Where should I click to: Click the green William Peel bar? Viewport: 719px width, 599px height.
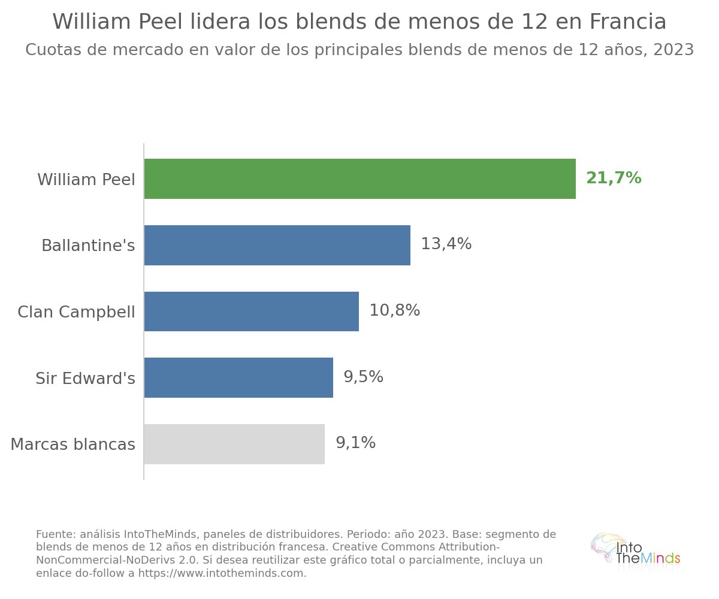click(x=360, y=179)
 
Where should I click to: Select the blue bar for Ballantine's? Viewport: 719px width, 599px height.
click(x=277, y=245)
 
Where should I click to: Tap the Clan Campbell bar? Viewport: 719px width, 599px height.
click(x=252, y=311)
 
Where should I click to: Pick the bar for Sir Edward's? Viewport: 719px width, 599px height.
click(x=238, y=377)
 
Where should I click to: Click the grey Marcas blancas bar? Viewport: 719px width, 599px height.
click(x=234, y=444)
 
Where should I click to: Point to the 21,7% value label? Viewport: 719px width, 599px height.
click(x=614, y=178)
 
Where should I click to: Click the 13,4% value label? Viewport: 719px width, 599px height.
click(x=446, y=244)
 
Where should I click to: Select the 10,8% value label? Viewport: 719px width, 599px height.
click(x=395, y=310)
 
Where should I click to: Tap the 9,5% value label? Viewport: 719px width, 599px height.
click(x=363, y=377)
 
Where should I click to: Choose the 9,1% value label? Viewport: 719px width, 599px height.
click(x=356, y=443)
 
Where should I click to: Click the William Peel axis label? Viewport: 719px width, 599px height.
click(x=86, y=180)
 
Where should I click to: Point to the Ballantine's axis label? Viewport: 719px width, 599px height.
click(x=88, y=246)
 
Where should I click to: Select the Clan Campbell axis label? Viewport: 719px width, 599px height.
click(x=76, y=312)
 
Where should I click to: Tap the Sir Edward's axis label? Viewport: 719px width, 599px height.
click(x=86, y=379)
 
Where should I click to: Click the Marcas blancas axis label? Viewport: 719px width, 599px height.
click(x=72, y=444)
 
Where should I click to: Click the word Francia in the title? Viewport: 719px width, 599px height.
click(x=628, y=22)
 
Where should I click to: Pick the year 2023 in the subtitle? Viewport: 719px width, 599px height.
click(x=673, y=50)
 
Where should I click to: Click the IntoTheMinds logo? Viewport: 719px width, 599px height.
click(x=635, y=552)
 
